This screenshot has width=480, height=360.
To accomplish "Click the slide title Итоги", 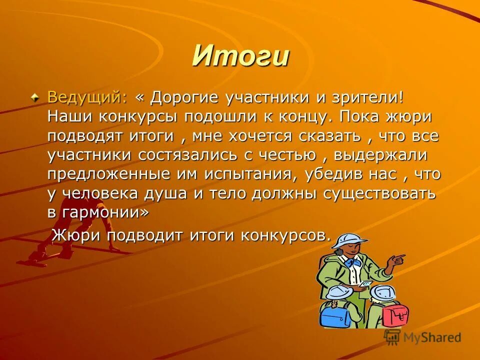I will point(240,55).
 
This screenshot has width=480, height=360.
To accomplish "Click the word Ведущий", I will point(84,97).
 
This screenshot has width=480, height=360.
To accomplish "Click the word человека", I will point(109,194).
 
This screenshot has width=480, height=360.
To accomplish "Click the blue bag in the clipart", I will point(336,314).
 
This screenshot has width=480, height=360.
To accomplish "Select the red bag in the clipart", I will point(395,313).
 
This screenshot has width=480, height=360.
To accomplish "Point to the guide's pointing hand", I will point(397,259).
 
